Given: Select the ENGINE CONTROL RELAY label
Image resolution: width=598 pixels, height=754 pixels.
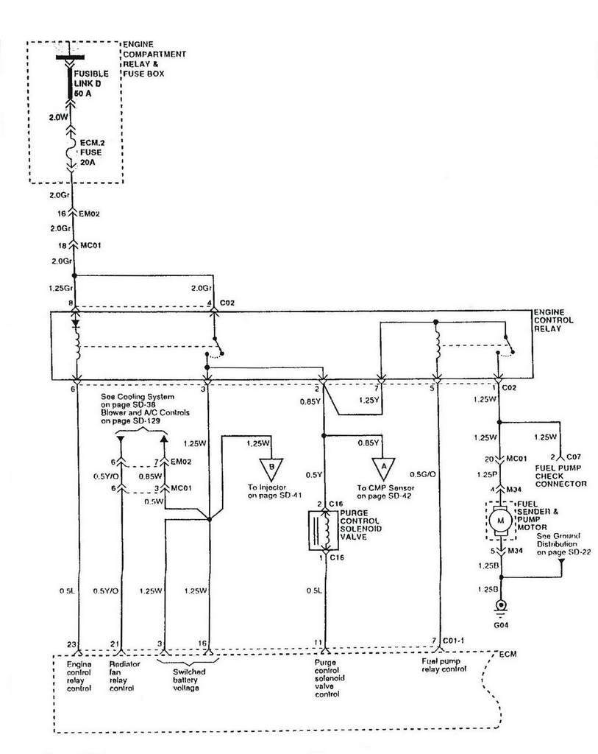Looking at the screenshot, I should pos(554,322).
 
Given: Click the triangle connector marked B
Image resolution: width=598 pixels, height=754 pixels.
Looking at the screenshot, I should pos(271,467).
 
